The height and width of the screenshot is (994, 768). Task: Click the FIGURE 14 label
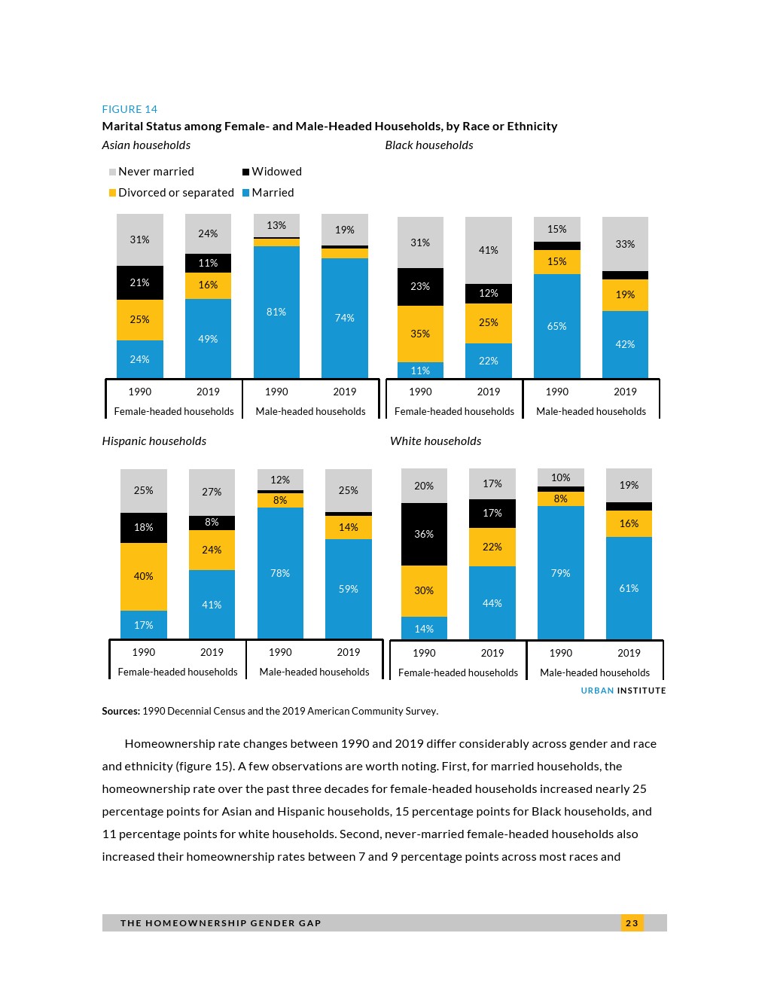click(x=130, y=109)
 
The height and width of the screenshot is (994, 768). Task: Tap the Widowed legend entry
click(x=272, y=172)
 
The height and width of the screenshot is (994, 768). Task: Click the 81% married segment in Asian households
click(x=276, y=312)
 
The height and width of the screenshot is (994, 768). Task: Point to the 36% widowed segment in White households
click(x=424, y=534)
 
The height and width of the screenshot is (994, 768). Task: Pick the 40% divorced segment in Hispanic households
click(x=143, y=576)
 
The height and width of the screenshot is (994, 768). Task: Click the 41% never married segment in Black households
click(x=489, y=250)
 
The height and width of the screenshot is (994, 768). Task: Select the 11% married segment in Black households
click(x=420, y=370)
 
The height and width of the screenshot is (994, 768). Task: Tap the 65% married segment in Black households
click(x=557, y=326)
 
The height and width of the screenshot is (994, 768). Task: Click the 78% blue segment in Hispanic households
click(x=280, y=573)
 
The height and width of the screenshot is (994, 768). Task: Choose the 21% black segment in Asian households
click(x=139, y=282)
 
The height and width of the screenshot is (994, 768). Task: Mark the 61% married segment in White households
click(x=629, y=588)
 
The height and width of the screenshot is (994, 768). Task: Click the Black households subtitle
click(x=429, y=145)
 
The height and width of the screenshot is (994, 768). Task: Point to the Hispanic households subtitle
click(x=154, y=441)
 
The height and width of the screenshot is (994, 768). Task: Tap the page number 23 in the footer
click(x=632, y=923)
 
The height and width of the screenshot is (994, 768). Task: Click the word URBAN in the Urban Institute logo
click(x=597, y=691)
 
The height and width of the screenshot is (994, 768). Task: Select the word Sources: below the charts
click(x=120, y=711)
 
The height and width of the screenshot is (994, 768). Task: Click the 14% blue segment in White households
click(x=424, y=629)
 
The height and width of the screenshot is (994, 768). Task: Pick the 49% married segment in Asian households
click(x=208, y=339)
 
